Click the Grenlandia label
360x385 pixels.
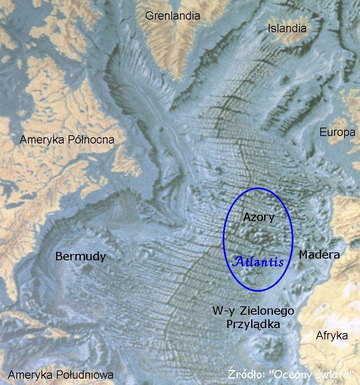click(172, 16)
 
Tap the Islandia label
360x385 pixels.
click(287, 28)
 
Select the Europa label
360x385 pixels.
click(337, 133)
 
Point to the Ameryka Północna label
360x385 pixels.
click(67, 140)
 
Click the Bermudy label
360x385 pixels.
click(81, 257)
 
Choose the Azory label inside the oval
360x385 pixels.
click(258, 217)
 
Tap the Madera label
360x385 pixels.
click(319, 254)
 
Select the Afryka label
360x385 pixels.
click(332, 335)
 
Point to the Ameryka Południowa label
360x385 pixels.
click(61, 375)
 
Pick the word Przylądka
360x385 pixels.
click(253, 324)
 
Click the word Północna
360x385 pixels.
click(91, 140)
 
